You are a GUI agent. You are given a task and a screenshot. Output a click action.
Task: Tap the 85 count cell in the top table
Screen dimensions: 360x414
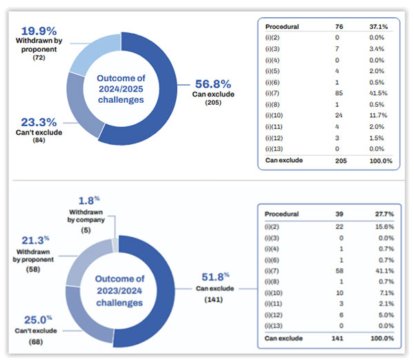point(334,103)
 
